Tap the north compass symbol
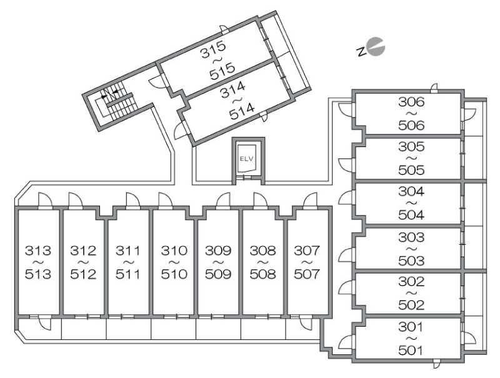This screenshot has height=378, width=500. pos(371,48)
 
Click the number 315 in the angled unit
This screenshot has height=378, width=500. pos(213,49)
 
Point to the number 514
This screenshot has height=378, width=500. pos(242,111)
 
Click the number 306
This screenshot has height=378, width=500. pos(411,102)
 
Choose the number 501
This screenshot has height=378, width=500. pos(411,350)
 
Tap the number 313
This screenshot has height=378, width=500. pos(38,250)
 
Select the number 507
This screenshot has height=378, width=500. pos(307,274)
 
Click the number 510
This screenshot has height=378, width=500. pos(174,274)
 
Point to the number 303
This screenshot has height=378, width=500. pos(411,237)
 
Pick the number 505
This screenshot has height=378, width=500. pos(411,170)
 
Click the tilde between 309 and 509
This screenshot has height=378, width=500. pos(218,262)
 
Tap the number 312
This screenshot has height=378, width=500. pos(83,250)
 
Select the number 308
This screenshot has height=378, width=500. pos(262,250)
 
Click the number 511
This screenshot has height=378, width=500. pos(128,274)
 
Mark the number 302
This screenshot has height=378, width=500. pos(411,281)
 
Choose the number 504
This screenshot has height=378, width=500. pos(411,215)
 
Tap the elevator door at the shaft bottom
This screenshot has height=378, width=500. pos(248,178)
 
